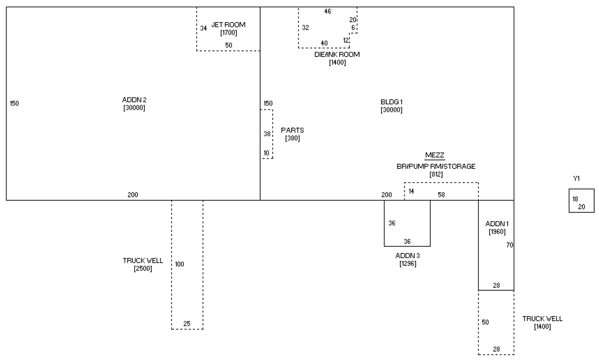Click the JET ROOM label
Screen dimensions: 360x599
[x=228, y=25]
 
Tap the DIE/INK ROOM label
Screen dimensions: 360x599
[x=337, y=54]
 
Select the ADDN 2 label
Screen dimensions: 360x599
[x=134, y=100]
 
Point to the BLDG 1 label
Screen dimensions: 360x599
[x=391, y=102]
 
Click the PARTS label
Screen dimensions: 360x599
[x=292, y=130]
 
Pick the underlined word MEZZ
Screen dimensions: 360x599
[x=435, y=155]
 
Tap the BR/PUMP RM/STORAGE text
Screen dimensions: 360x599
[x=436, y=166]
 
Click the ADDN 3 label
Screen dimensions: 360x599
[x=407, y=256]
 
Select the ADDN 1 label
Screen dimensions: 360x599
[x=497, y=224]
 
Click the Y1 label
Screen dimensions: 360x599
[x=577, y=179]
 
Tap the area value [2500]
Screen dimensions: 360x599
[x=143, y=269]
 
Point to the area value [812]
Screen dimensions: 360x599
[x=436, y=174]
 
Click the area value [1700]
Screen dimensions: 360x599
[x=228, y=33]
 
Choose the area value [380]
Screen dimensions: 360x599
[x=292, y=138]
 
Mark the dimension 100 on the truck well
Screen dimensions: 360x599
[x=179, y=264]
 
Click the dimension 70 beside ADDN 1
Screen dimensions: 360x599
[x=510, y=245]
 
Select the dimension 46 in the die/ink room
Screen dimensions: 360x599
[x=328, y=11]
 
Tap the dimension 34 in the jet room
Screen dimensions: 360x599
[x=203, y=28]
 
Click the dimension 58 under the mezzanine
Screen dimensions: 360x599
[x=441, y=195]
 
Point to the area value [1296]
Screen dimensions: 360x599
[x=407, y=264]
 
